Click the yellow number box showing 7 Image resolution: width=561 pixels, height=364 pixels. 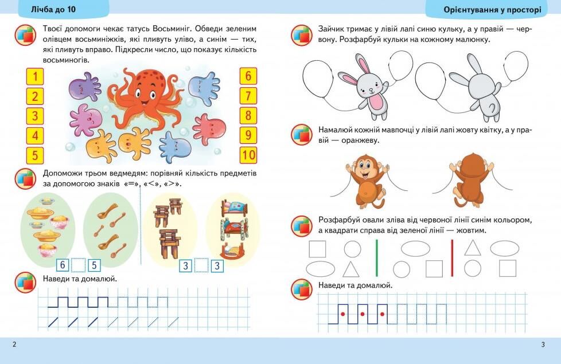pos(248,96)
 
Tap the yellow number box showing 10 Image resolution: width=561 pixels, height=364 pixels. pos(248,155)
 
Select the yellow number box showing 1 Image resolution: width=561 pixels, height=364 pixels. pos(35,76)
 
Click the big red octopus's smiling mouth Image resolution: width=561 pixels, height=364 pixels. pos(145,102)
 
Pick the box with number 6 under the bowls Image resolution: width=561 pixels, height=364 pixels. pos(63,265)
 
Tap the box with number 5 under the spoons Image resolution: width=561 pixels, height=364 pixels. pos(94,265)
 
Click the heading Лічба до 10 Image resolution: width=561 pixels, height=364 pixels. pos(54,9)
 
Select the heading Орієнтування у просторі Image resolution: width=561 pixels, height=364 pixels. pos(492,10)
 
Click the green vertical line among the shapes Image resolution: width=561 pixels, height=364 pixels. pos(377,258)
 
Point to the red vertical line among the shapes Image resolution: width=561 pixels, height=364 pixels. pos(452,258)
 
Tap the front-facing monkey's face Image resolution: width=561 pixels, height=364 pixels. pos(365,167)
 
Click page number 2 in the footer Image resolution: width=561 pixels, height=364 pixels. pos(14,345)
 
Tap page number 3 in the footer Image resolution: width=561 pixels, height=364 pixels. pos(543,345)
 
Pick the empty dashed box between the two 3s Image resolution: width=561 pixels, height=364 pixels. pos(201,265)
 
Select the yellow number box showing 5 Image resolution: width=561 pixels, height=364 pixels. pos(35,155)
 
